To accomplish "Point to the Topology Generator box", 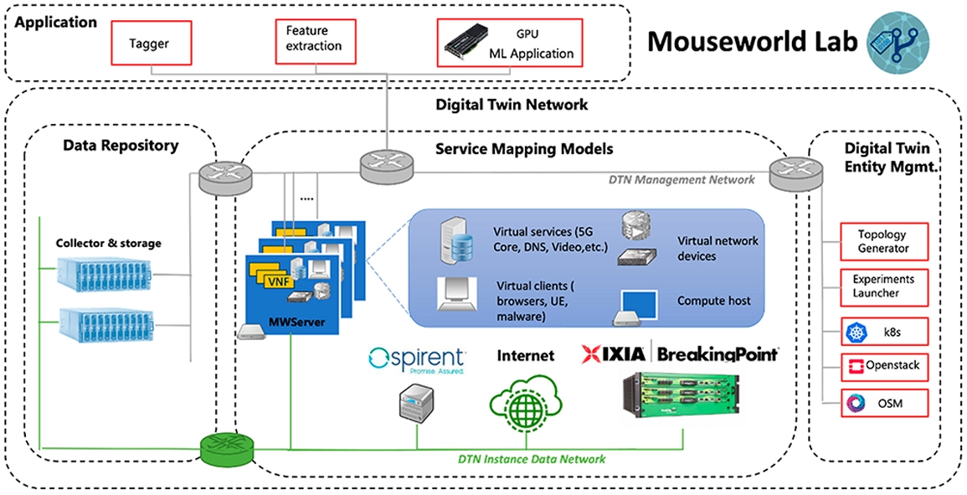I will [883, 242].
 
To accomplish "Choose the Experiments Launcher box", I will [883, 286].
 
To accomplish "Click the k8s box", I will [883, 333].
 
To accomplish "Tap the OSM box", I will [883, 404].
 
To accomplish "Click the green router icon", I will [227, 450].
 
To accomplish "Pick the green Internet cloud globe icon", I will [524, 405].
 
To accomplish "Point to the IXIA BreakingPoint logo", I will [680, 354].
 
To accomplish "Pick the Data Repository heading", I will [121, 146].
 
